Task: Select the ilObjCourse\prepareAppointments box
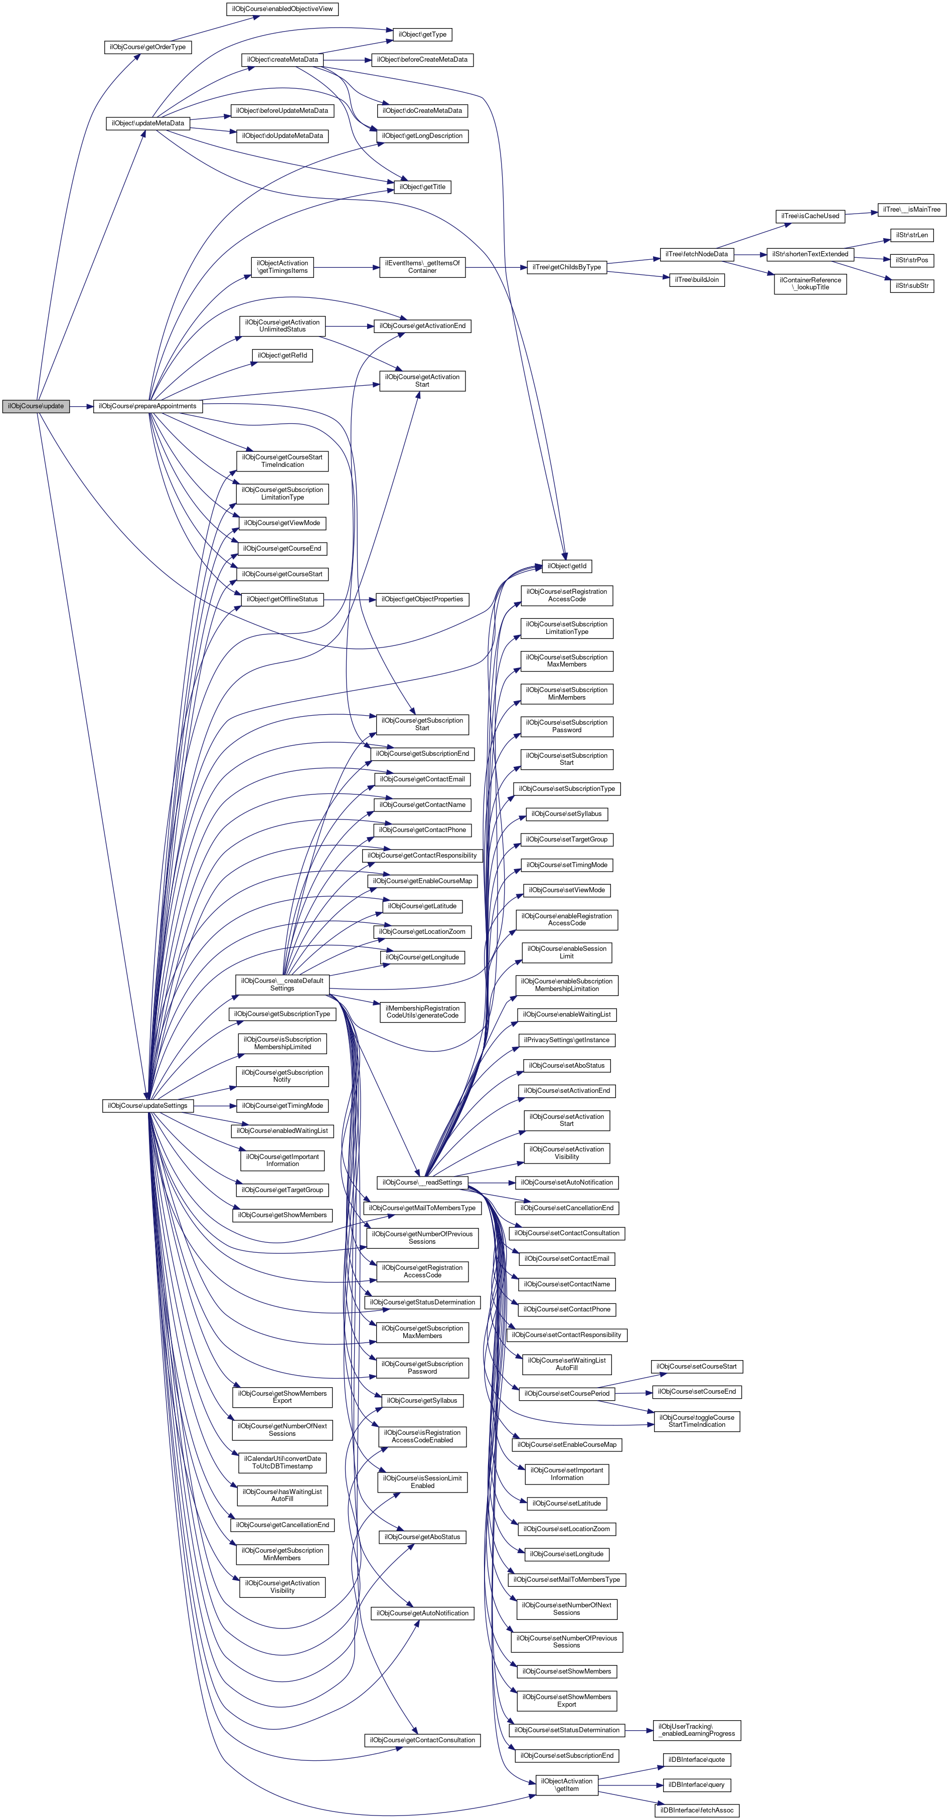click(x=147, y=406)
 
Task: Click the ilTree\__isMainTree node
click(x=911, y=210)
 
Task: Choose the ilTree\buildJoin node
click(x=697, y=280)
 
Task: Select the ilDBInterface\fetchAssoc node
click(x=697, y=1810)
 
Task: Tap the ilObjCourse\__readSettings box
click(x=422, y=1182)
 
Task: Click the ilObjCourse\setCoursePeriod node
click(x=567, y=1393)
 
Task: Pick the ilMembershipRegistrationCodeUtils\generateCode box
click(x=422, y=1012)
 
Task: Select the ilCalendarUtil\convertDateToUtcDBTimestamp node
click(x=282, y=1462)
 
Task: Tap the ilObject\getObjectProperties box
click(x=422, y=599)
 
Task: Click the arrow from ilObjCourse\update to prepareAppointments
click(x=81, y=406)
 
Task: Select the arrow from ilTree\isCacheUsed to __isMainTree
click(x=861, y=213)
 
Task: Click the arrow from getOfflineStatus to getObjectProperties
click(x=349, y=599)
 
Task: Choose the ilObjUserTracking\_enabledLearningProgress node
click(x=697, y=1730)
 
